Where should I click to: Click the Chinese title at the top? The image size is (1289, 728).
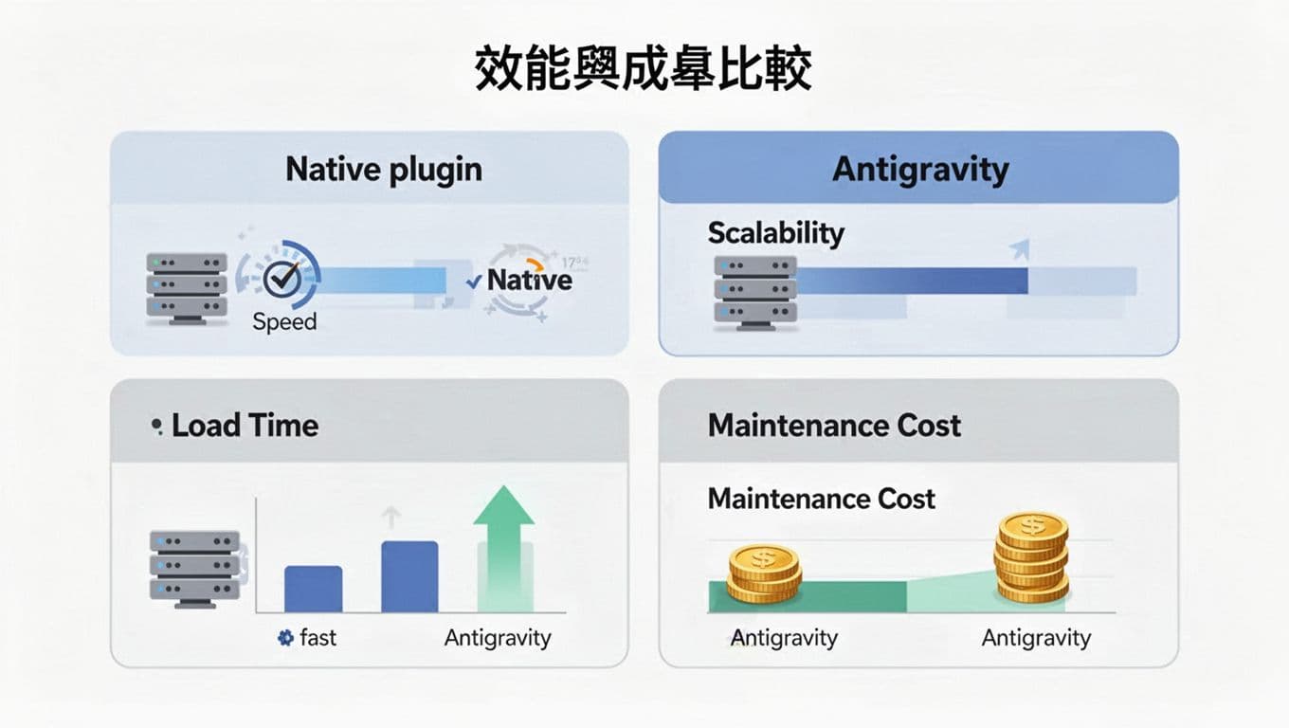point(644,71)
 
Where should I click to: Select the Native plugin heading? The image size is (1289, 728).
point(384,170)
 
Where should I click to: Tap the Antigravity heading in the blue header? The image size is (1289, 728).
point(919,170)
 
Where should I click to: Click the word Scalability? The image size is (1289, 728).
point(775,232)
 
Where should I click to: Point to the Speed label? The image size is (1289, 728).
point(284,321)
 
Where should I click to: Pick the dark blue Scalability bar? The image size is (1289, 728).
point(912,281)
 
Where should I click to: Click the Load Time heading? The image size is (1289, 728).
point(245,426)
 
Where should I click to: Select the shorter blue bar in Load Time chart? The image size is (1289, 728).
point(313,589)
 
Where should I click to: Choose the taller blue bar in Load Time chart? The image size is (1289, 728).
point(409,576)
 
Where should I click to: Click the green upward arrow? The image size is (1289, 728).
point(503,545)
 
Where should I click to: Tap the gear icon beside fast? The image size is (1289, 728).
point(285,638)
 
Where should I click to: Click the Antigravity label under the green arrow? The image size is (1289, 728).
point(498,638)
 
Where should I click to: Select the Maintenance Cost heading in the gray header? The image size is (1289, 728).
point(834,426)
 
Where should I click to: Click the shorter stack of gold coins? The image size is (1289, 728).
point(764,573)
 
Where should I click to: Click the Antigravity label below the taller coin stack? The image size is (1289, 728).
point(1036,638)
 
